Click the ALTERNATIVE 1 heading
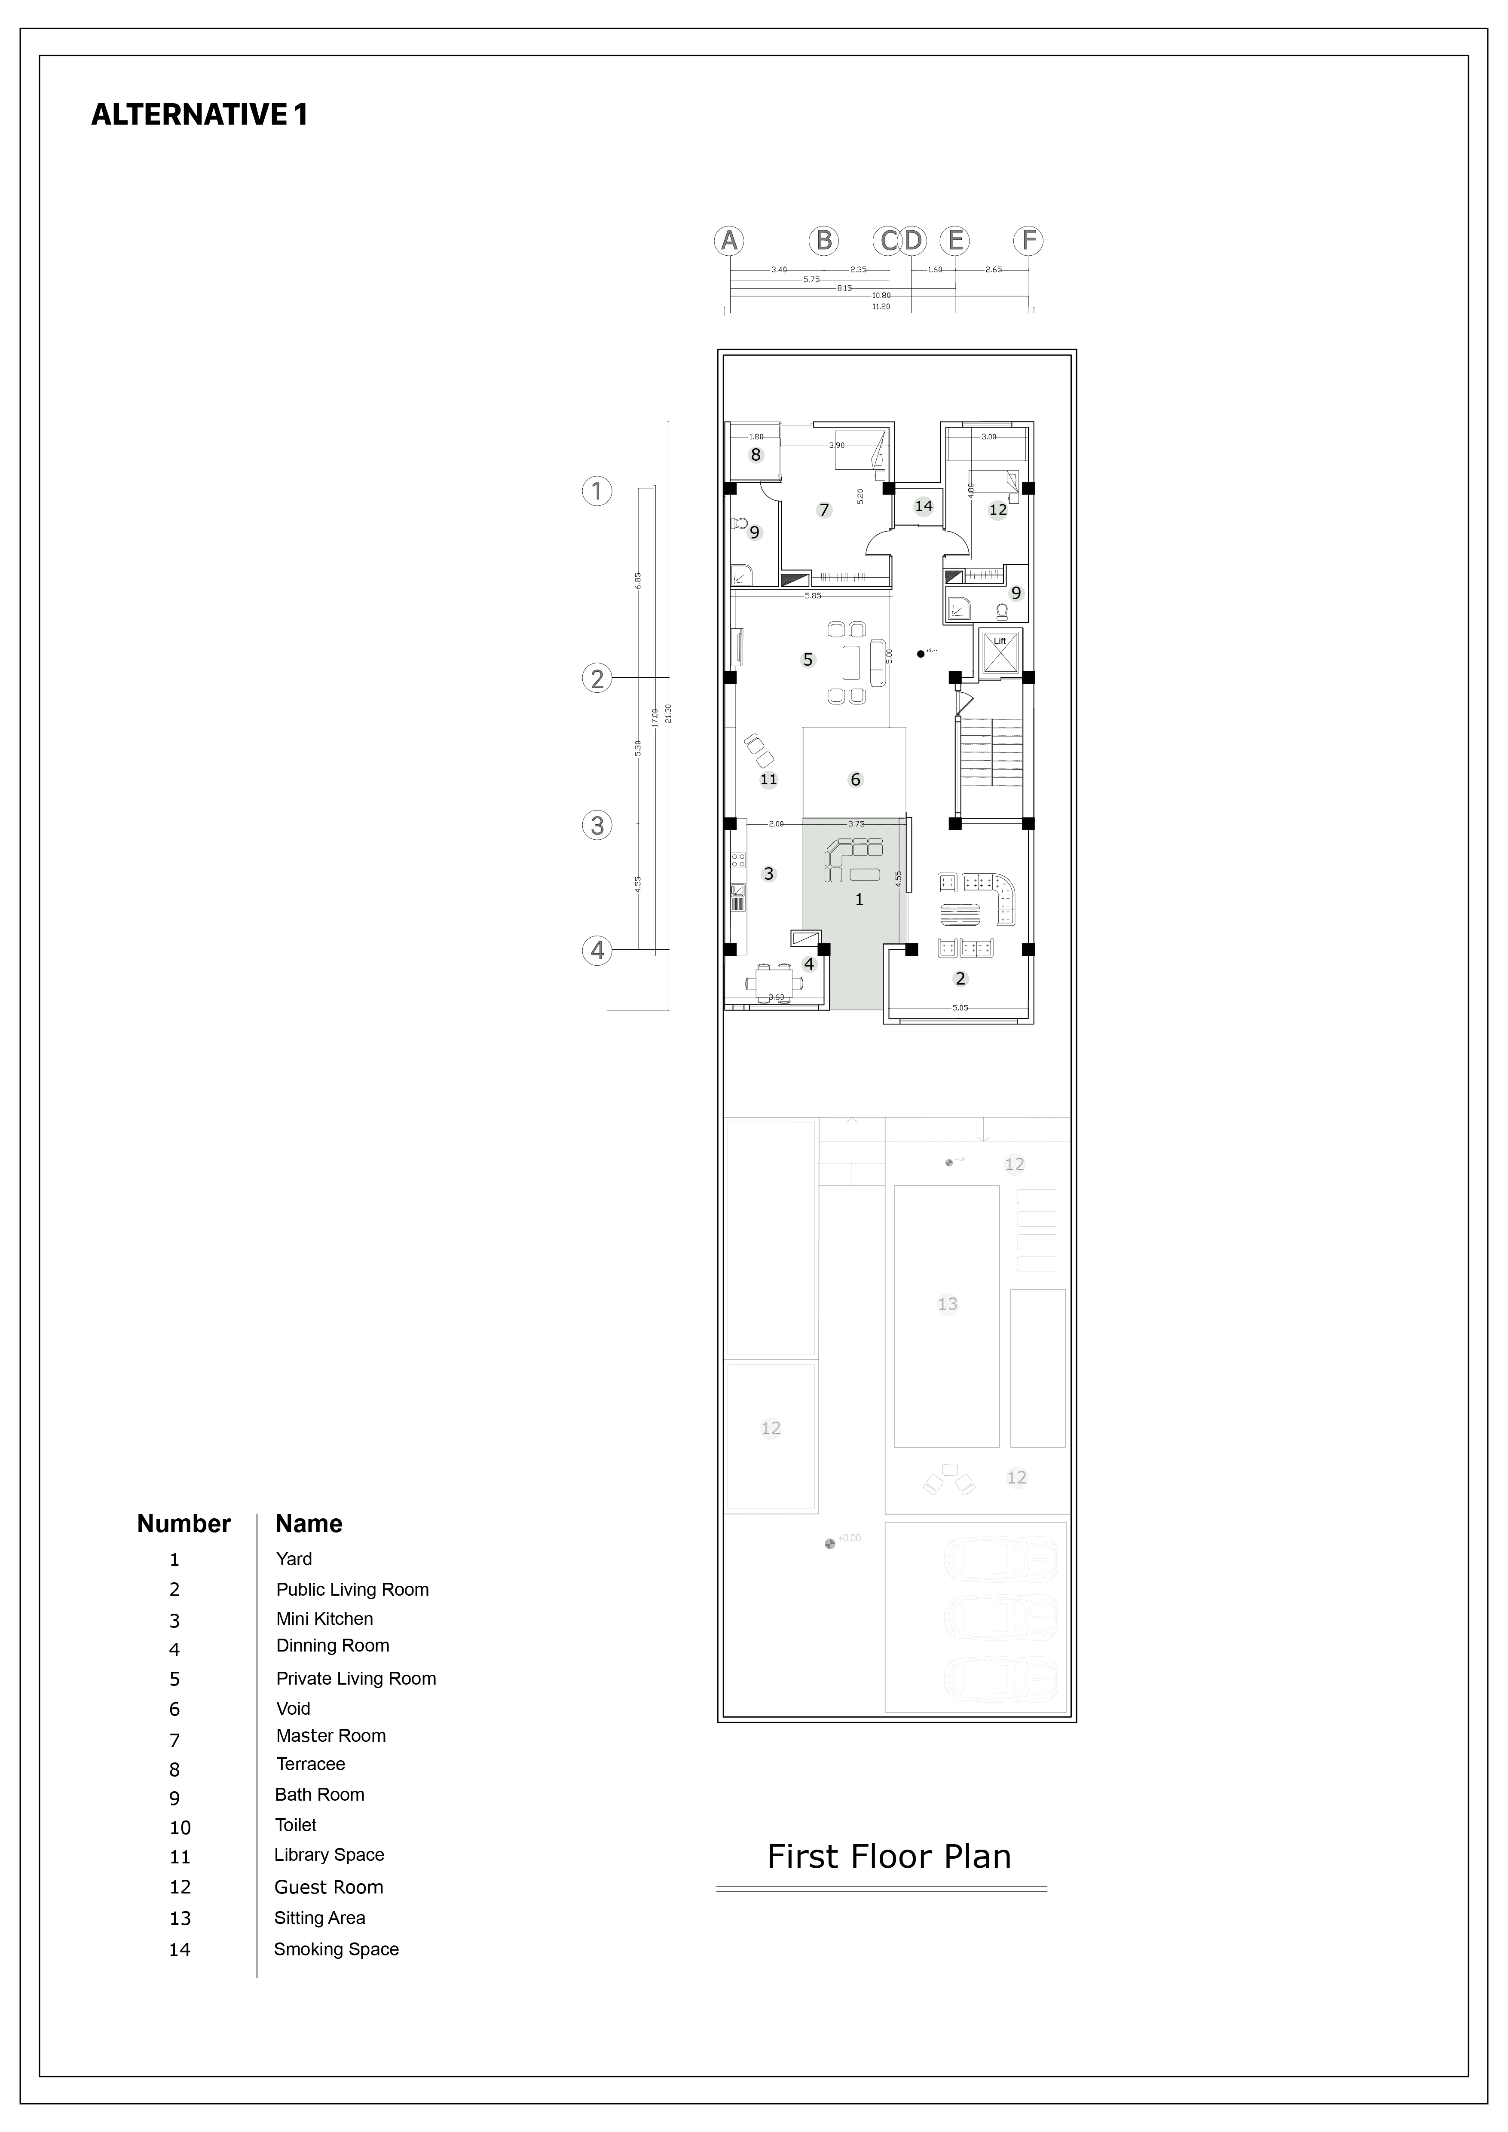click(199, 114)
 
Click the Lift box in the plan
click(999, 651)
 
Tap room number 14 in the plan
click(923, 506)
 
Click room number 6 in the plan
click(855, 780)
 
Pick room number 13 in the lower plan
click(947, 1304)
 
